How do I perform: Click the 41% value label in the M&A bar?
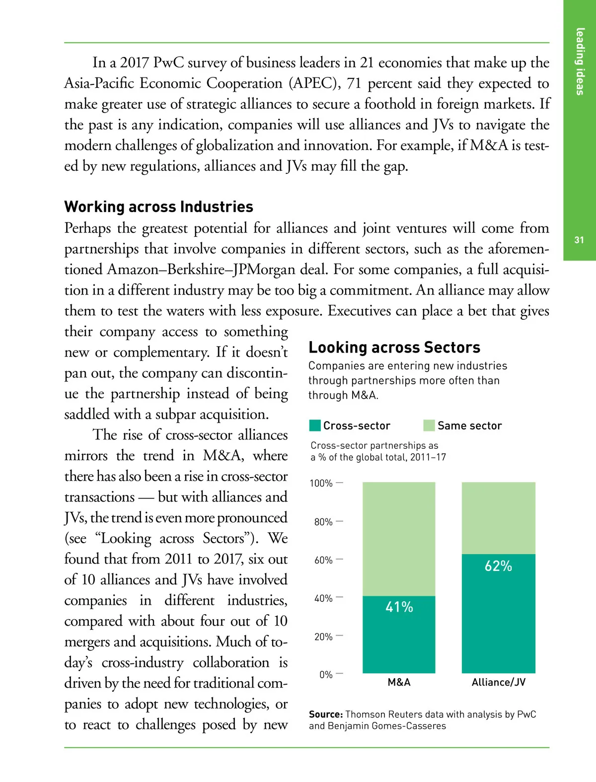399,607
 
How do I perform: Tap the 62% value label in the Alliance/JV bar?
498,566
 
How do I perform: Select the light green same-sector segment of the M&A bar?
399,539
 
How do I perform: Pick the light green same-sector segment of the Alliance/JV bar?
498,518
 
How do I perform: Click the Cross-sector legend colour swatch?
315,426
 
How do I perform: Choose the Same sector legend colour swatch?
429,426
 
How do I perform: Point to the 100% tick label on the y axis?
321,483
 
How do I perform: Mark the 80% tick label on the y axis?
323,522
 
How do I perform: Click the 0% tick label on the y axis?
326,675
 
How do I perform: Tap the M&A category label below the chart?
399,682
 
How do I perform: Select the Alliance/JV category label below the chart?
498,682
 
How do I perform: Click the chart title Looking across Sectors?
394,347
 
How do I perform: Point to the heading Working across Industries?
158,207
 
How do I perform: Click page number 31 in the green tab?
579,240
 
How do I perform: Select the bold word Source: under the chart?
326,714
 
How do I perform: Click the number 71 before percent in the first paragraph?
354,83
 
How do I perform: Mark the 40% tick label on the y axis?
323,598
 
